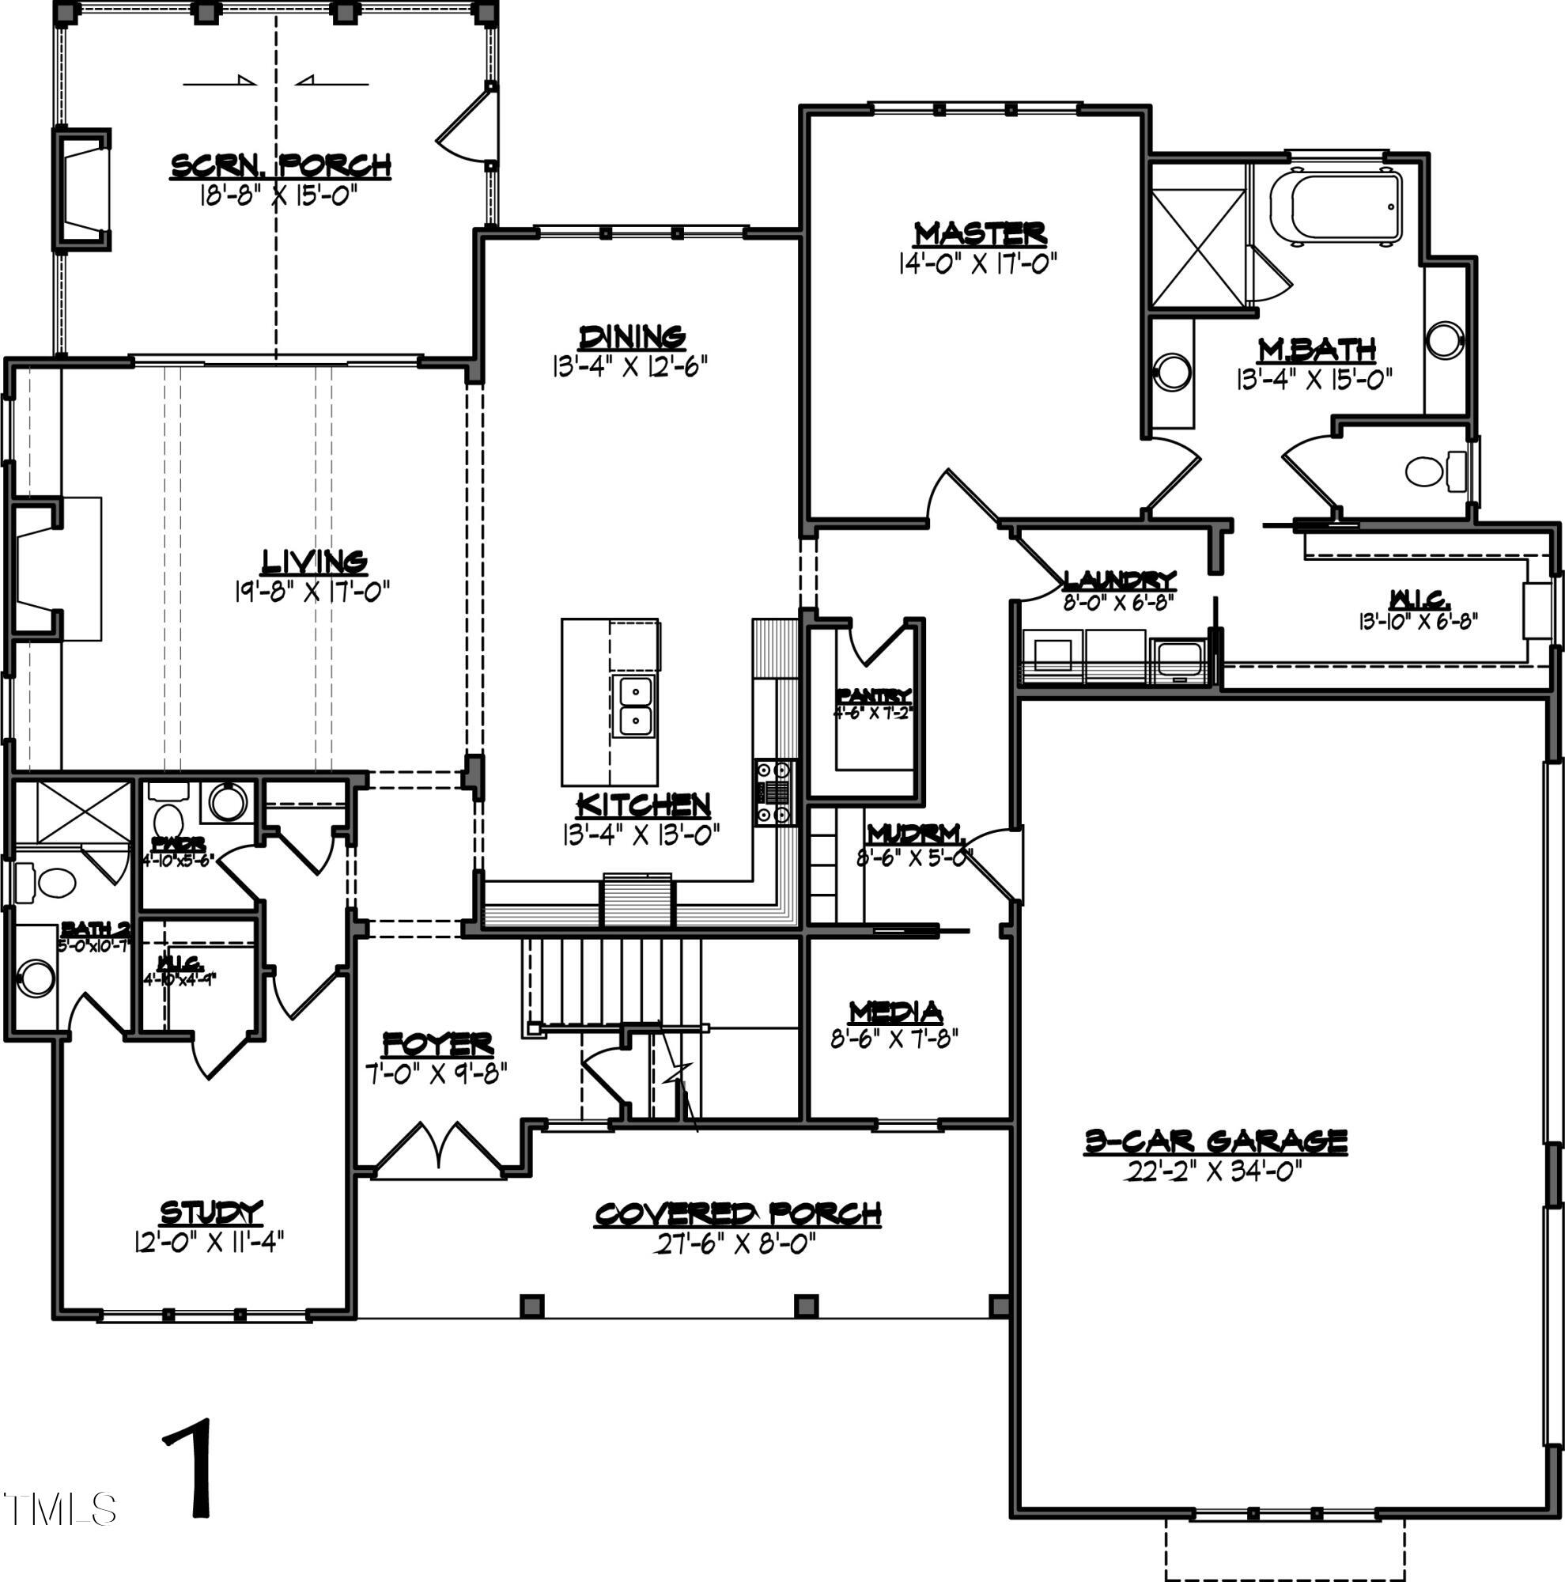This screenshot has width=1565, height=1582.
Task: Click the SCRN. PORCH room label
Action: point(281,166)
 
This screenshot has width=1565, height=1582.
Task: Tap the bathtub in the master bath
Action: point(1336,208)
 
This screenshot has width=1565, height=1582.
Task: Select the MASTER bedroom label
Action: point(980,233)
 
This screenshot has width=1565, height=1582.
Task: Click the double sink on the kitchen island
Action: point(634,706)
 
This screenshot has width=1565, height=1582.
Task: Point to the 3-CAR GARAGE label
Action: point(1215,1141)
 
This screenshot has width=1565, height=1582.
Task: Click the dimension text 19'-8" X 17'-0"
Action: point(312,591)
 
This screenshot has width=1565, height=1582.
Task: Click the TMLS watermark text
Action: point(59,1509)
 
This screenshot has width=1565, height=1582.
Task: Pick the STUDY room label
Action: point(211,1212)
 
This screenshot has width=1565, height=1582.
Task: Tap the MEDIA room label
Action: point(895,1013)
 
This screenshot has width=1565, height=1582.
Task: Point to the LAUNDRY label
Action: point(1119,581)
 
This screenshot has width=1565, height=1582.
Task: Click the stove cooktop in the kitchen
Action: point(773,792)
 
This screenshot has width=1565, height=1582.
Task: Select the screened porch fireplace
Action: point(83,189)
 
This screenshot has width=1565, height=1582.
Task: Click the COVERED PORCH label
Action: point(738,1214)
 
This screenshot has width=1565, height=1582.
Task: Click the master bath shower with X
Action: point(1197,248)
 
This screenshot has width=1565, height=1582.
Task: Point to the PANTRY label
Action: point(872,697)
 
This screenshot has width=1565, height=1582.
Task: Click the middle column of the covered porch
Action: point(807,1305)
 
